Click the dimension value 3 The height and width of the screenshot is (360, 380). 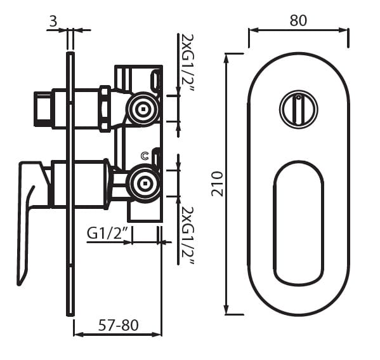coord(53,21)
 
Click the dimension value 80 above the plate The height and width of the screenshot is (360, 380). coord(298,20)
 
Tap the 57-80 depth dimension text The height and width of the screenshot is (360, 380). coord(118,325)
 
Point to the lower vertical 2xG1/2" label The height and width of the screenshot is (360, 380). coord(188,236)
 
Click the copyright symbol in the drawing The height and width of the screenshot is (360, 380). coord(145,156)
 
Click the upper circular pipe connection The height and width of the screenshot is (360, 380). coord(143,109)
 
